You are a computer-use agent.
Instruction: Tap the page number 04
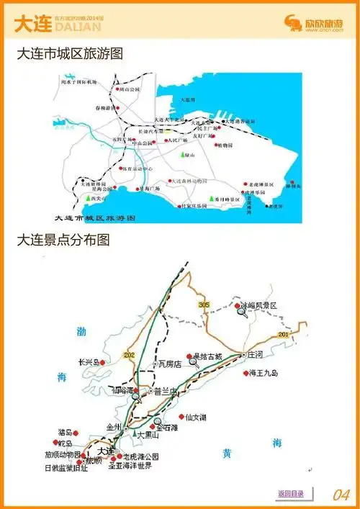tap(341, 495)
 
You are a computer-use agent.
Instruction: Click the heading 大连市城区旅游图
tap(70, 54)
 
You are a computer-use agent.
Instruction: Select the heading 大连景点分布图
tap(63, 240)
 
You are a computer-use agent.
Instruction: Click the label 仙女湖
tap(196, 417)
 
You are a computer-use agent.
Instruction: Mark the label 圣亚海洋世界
tap(130, 466)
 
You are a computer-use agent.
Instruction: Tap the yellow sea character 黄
tap(227, 454)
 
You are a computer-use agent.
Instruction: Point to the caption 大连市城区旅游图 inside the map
tap(95, 217)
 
